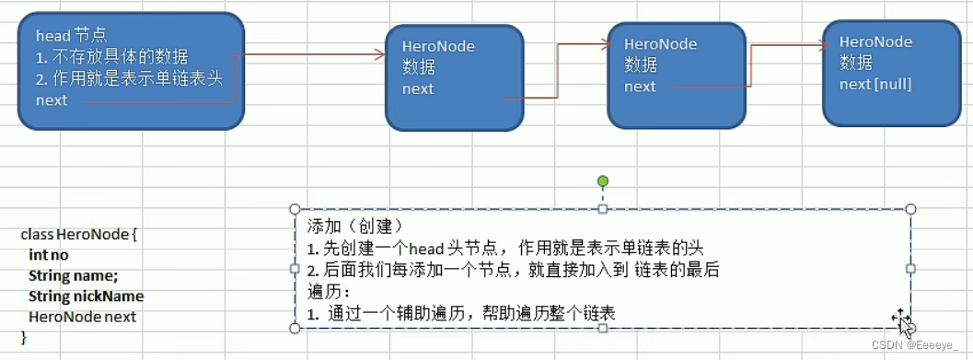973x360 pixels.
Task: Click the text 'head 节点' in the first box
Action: click(x=71, y=35)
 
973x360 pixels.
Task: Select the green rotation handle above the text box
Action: click(x=603, y=181)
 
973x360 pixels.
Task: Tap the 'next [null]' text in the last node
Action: click(x=875, y=84)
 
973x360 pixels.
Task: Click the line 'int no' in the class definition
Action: click(x=48, y=255)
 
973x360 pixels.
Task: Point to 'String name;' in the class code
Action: click(x=73, y=275)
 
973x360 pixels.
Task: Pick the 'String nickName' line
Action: click(x=86, y=296)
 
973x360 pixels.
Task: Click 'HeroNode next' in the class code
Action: click(x=82, y=317)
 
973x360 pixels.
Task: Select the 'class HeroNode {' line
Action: click(x=78, y=235)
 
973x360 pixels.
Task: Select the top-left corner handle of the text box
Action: click(x=295, y=209)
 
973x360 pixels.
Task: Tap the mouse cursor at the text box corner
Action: click(x=902, y=321)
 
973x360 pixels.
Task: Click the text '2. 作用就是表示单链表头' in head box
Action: click(x=129, y=78)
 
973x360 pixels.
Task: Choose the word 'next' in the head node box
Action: click(x=52, y=100)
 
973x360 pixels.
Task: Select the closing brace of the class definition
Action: click(x=24, y=338)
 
